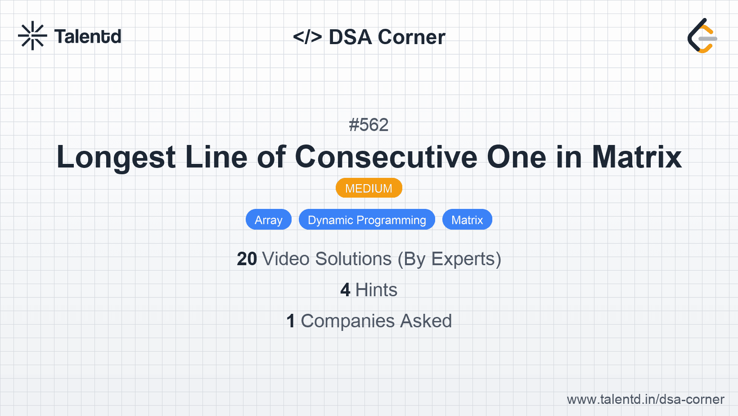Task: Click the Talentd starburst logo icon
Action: point(32,36)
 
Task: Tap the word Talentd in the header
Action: point(88,36)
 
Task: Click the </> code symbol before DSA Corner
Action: point(307,37)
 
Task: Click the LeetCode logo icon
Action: point(702,36)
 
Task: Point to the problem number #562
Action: point(369,125)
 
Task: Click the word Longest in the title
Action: point(116,157)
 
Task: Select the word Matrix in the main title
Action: point(636,157)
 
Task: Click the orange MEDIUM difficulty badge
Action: point(369,188)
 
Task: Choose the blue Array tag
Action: point(268,220)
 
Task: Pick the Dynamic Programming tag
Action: point(367,220)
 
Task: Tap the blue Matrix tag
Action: point(467,220)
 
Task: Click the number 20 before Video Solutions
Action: point(247,259)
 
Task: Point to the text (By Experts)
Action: point(449,259)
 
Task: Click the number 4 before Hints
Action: point(345,290)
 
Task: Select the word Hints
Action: point(376,290)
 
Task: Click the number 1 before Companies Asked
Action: point(291,321)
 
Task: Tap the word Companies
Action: point(348,321)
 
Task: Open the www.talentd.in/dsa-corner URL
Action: point(645,399)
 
